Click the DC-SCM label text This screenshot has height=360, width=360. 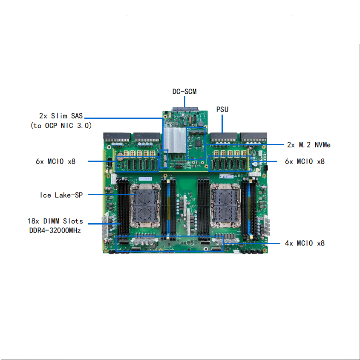point(184,92)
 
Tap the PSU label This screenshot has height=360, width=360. point(222,109)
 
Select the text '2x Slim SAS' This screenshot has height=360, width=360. point(61,116)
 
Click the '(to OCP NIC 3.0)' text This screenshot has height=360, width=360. point(61,126)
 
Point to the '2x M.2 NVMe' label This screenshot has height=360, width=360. point(308,145)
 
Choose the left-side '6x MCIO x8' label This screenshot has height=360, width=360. point(56,161)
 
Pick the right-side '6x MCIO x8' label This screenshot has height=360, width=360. point(305,161)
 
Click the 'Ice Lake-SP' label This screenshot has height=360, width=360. point(61,195)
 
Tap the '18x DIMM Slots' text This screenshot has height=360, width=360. point(55,222)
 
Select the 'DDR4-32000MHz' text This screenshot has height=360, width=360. point(55,230)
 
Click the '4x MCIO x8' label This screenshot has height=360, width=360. point(305,243)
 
